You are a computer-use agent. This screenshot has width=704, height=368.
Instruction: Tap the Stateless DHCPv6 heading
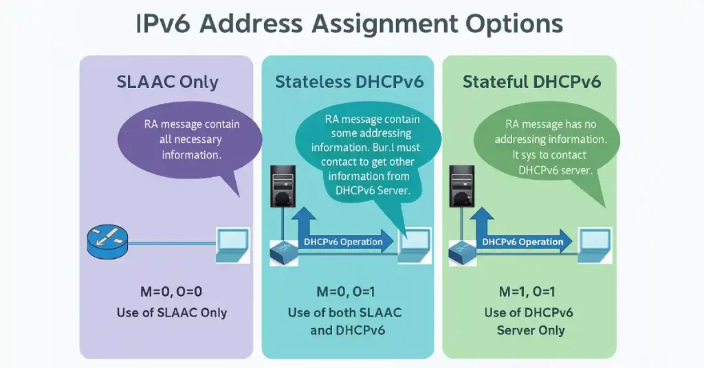[x=349, y=82]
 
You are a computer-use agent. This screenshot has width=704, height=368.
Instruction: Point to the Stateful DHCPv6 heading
[x=531, y=82]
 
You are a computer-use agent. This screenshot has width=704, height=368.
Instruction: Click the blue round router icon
[x=107, y=242]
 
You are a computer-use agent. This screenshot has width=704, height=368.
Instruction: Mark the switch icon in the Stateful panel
[x=463, y=252]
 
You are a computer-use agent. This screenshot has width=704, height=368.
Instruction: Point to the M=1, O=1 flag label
[x=530, y=292]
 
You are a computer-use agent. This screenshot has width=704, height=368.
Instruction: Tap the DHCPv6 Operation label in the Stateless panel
[x=343, y=242]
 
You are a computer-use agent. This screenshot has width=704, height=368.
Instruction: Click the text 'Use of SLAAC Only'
[x=171, y=313]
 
